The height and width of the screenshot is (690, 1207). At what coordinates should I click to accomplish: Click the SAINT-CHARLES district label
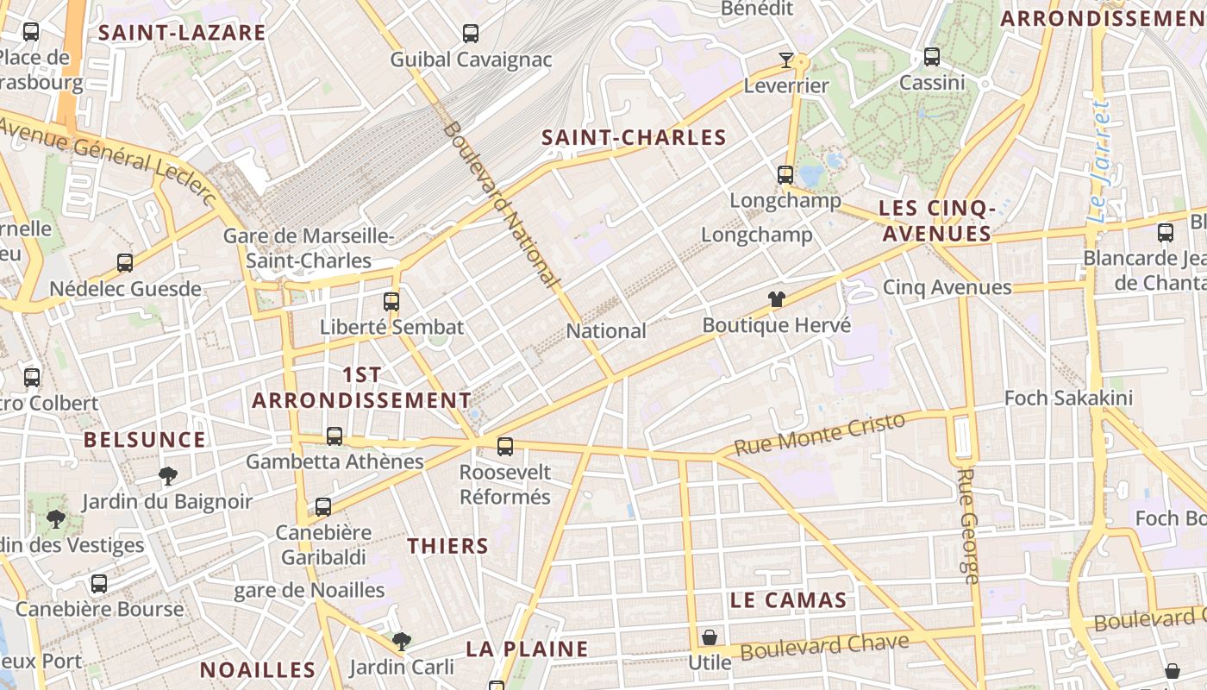[634, 137]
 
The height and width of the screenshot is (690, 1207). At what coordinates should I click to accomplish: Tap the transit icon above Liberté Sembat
[391, 301]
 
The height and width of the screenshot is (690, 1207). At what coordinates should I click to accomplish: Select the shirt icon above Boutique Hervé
[777, 299]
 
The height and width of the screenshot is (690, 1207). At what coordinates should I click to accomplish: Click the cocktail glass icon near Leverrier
[786, 60]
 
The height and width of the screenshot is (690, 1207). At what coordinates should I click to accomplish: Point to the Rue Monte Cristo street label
[819, 435]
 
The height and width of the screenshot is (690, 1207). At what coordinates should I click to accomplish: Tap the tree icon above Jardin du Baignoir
[168, 475]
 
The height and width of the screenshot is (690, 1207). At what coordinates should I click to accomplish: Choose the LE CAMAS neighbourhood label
[788, 600]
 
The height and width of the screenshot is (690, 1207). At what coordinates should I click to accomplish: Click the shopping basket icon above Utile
[710, 637]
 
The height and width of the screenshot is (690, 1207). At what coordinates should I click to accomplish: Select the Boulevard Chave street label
[824, 646]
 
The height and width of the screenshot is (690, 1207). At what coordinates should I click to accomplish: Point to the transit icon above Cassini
[931, 57]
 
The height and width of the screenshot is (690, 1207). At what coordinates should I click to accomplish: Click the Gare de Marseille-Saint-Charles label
[309, 248]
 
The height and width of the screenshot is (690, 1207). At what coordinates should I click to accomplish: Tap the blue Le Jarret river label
[1099, 162]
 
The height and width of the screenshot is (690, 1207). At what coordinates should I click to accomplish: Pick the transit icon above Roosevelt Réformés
[505, 446]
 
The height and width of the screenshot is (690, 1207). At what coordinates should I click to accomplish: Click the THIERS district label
[447, 546]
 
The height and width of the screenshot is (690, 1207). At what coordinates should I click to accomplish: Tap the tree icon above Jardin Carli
[401, 641]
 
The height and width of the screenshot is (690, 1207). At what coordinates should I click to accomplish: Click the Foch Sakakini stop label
[1068, 398]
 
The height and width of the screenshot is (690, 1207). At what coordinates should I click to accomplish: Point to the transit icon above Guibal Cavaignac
[471, 34]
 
